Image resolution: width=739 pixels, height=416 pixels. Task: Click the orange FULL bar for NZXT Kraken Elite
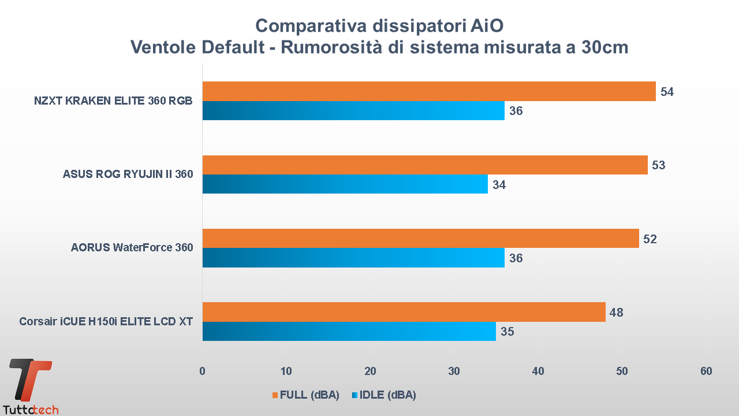click(428, 91)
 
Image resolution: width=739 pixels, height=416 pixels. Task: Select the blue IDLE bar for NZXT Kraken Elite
click(353, 110)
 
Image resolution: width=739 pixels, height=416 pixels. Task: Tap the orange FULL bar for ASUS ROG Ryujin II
click(424, 165)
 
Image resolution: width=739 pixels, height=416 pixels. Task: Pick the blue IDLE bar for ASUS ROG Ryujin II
click(345, 184)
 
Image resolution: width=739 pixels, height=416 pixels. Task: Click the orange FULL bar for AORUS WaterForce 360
click(420, 238)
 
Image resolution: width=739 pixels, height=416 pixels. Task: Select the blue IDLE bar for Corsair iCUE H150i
click(349, 331)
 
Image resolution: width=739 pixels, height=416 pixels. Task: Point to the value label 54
click(667, 92)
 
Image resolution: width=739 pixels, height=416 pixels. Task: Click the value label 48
click(617, 313)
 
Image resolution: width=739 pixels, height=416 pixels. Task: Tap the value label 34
click(499, 185)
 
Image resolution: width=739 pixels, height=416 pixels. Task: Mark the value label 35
click(507, 332)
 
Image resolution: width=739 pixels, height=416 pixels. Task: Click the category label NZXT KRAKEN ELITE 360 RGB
click(113, 101)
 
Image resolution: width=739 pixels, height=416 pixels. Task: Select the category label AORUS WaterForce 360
click(132, 248)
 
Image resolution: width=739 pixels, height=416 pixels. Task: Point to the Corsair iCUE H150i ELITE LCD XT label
click(106, 321)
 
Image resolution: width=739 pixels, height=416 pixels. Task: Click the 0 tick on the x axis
click(202, 371)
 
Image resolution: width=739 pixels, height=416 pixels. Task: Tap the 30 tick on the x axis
click(454, 371)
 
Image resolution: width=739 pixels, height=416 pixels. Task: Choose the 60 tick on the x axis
click(706, 371)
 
